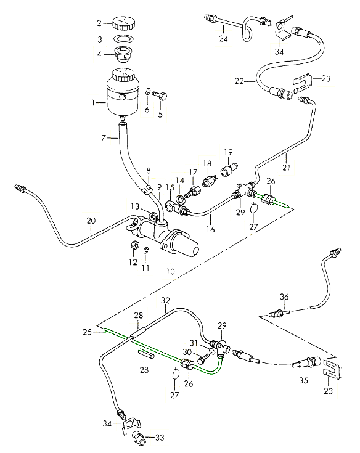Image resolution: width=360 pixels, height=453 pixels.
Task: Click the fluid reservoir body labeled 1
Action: pos(123,92)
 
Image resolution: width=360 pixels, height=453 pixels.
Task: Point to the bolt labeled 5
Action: pos(160,95)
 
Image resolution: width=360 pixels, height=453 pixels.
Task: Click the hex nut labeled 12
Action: pos(133,245)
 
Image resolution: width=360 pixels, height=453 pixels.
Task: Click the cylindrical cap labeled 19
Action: pos(229,169)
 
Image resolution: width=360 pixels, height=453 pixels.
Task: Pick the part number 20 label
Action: pos(91,221)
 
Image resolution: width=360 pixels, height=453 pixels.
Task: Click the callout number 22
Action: pos(239,81)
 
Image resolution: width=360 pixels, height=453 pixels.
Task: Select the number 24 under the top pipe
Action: pos(223,38)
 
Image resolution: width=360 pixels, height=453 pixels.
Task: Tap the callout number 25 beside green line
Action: pos(88,332)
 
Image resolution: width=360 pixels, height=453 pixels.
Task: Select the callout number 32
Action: pos(165,301)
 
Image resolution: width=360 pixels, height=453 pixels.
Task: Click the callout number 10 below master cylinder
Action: pos(171,272)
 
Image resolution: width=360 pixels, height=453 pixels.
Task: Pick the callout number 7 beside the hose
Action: pos(104,138)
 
